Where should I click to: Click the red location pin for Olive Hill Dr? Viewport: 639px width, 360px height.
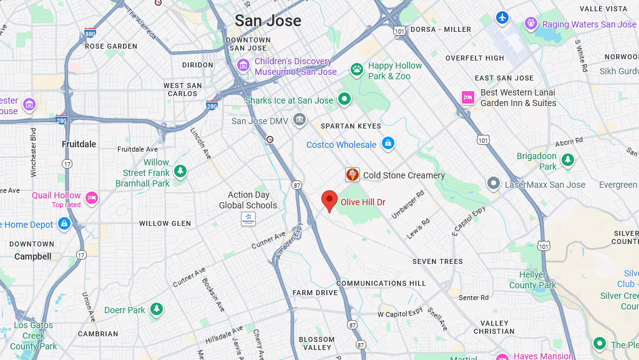[x=329, y=201]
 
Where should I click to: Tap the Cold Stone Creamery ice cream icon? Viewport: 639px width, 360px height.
[x=353, y=175]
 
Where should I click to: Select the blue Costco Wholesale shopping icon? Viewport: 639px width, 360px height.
[x=388, y=144]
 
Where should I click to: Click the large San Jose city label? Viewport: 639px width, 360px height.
[x=268, y=21]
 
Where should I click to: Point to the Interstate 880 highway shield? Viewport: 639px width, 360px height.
[x=90, y=34]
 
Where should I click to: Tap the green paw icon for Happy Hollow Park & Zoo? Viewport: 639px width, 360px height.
[x=357, y=69]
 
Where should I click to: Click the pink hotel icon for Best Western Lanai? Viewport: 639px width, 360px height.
[x=468, y=97]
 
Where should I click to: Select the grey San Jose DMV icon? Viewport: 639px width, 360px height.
[x=300, y=119]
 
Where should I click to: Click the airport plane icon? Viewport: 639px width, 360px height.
[x=502, y=17]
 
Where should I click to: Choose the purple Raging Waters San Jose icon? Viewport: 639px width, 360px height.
[x=531, y=24]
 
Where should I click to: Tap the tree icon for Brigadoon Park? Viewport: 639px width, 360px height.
[x=567, y=160]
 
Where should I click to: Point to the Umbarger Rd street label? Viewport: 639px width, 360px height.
[x=407, y=203]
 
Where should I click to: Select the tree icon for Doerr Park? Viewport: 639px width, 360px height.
[x=157, y=309]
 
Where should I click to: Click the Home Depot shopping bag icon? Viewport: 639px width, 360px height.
[x=64, y=223]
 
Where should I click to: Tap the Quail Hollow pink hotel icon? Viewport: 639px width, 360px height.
[x=92, y=198]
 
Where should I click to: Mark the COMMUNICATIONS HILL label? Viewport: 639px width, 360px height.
[x=381, y=283]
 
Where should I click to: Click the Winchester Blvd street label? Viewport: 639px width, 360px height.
[x=33, y=152]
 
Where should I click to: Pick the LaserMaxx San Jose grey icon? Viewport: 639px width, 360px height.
[x=494, y=183]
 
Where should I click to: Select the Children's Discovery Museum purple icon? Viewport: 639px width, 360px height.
[x=243, y=65]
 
